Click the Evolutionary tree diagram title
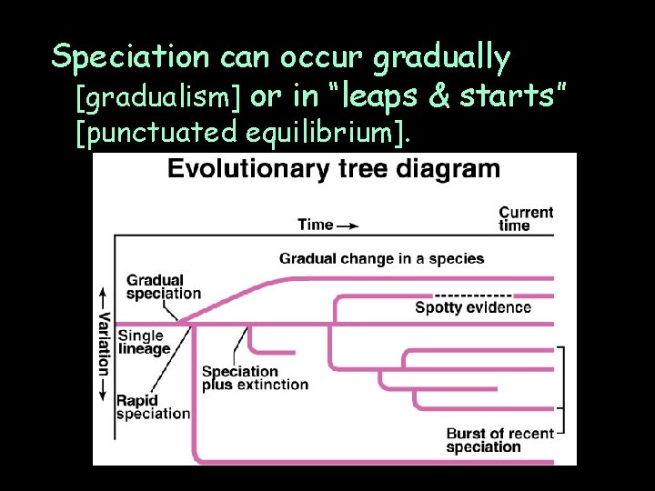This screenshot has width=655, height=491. [x=333, y=169]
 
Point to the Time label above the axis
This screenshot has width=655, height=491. [x=316, y=225]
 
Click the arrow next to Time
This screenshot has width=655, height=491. [x=348, y=225]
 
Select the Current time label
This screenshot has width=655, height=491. [x=525, y=218]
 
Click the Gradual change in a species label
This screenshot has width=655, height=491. [x=381, y=258]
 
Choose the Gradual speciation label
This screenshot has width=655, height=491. [x=163, y=286]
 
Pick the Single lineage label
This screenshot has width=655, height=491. [x=144, y=342]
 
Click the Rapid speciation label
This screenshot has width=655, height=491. [x=152, y=406]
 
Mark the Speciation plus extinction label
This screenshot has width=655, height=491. [x=254, y=377]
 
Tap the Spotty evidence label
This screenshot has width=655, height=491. [x=472, y=307]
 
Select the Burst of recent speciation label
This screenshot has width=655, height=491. [x=499, y=440]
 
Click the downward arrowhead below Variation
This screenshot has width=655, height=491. [x=104, y=396]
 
